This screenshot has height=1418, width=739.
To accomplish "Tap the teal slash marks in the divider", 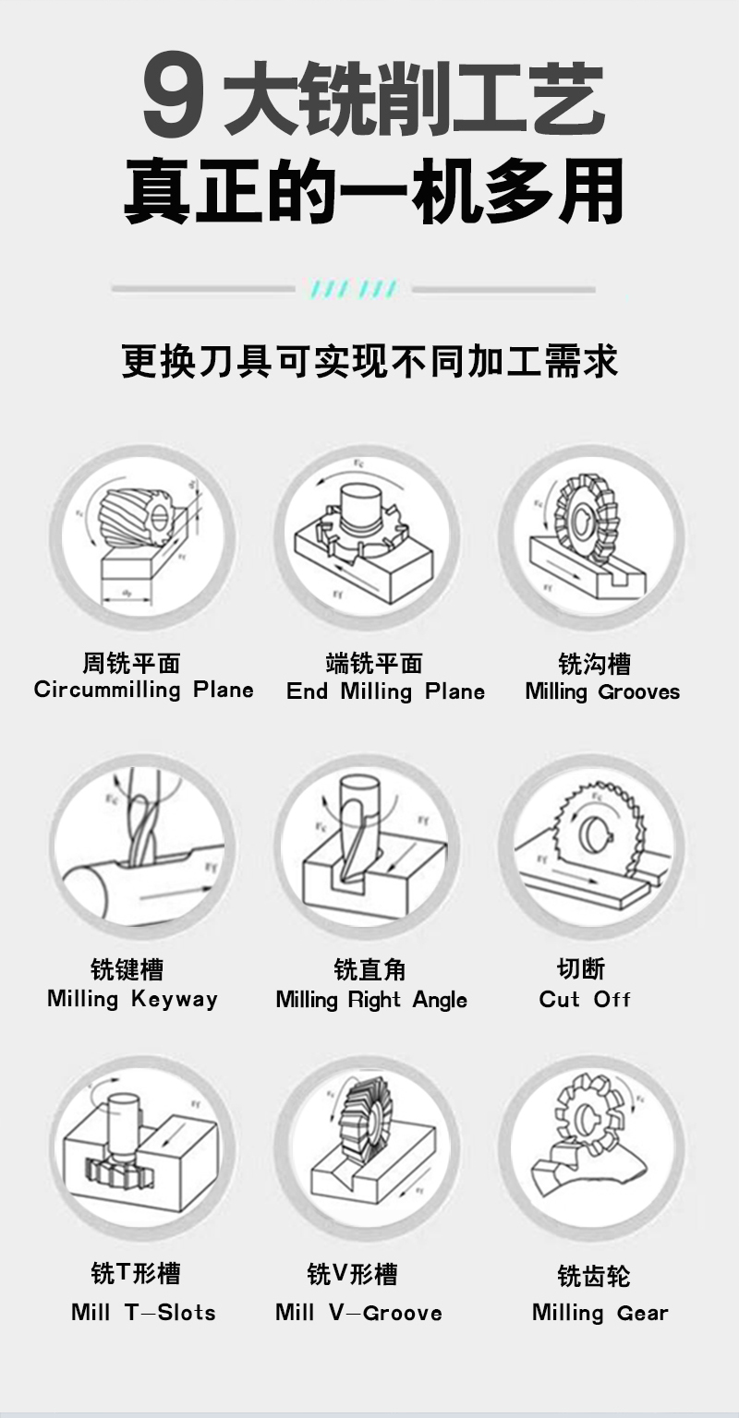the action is coord(354,289).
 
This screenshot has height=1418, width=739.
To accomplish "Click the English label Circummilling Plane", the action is coord(144,690).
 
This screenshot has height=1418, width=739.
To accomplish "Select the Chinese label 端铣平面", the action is coord(374,664).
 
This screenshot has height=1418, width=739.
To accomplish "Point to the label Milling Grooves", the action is coord(602,691).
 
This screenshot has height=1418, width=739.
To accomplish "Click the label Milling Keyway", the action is coord(132,999).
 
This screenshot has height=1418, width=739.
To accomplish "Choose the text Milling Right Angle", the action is coord(371,1000).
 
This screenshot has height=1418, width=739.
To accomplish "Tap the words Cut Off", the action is coord(585,999).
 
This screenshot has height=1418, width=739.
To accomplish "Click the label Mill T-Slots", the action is coord(143,1312).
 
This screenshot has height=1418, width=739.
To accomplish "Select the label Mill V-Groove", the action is coord(358,1312).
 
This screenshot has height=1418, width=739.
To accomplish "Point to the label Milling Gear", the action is coord(600,1313).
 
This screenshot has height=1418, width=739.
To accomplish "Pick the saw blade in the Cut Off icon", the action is coord(603,827).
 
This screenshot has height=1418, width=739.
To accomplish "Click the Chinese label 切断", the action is coord(581,969).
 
